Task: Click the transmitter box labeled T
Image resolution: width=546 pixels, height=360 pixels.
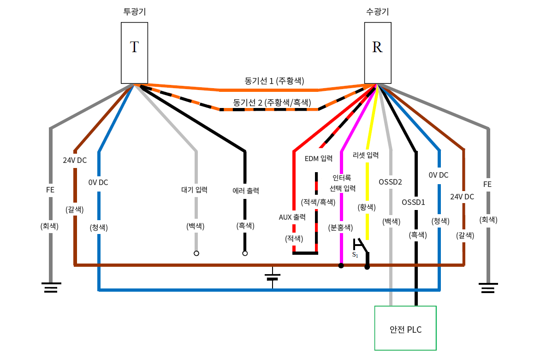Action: click(x=134, y=53)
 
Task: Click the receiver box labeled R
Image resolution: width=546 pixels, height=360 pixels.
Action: click(x=377, y=53)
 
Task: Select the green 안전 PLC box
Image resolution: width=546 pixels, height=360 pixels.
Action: click(x=405, y=328)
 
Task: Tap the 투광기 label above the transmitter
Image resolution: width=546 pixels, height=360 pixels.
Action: click(x=134, y=12)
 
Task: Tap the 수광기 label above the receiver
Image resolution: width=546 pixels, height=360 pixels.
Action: click(x=377, y=12)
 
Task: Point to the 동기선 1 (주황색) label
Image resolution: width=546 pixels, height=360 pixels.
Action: click(x=274, y=81)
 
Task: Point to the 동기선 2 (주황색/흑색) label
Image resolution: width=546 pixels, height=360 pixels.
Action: click(x=272, y=102)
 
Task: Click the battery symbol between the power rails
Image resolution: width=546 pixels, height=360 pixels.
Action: click(x=273, y=277)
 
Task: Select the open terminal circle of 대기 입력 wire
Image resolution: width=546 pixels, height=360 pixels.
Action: click(x=196, y=253)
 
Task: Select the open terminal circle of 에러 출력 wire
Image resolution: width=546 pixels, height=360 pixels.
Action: click(x=245, y=253)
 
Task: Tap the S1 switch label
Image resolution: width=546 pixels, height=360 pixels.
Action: click(x=355, y=255)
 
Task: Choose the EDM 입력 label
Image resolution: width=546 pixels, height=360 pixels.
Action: click(x=319, y=158)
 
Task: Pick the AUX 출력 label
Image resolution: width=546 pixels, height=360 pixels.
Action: click(x=292, y=217)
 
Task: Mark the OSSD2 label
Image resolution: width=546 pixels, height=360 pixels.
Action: click(x=390, y=182)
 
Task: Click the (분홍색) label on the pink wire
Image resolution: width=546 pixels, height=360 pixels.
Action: click(x=340, y=227)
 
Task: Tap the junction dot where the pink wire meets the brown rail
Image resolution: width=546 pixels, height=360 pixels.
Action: click(x=341, y=265)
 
